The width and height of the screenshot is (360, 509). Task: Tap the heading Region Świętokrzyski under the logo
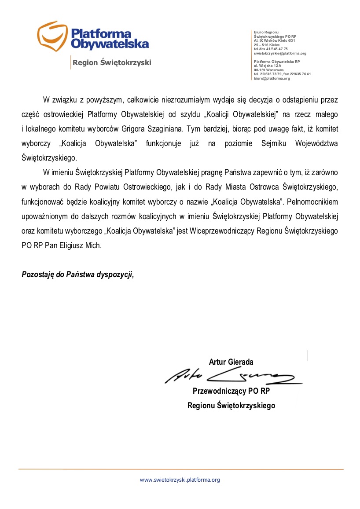(112, 62)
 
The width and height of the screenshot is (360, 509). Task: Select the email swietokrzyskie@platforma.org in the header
(280, 53)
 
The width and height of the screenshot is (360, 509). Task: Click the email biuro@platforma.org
(272, 78)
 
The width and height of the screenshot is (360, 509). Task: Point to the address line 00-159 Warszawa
(268, 70)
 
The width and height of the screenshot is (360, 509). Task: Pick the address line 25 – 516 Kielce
(267, 45)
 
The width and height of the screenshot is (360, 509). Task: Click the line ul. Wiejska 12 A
(268, 66)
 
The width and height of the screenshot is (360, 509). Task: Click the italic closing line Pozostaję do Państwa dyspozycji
(77, 275)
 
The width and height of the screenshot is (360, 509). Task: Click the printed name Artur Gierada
(231, 362)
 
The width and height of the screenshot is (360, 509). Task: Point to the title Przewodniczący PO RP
(231, 391)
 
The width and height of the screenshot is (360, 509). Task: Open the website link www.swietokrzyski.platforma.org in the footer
(180, 480)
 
